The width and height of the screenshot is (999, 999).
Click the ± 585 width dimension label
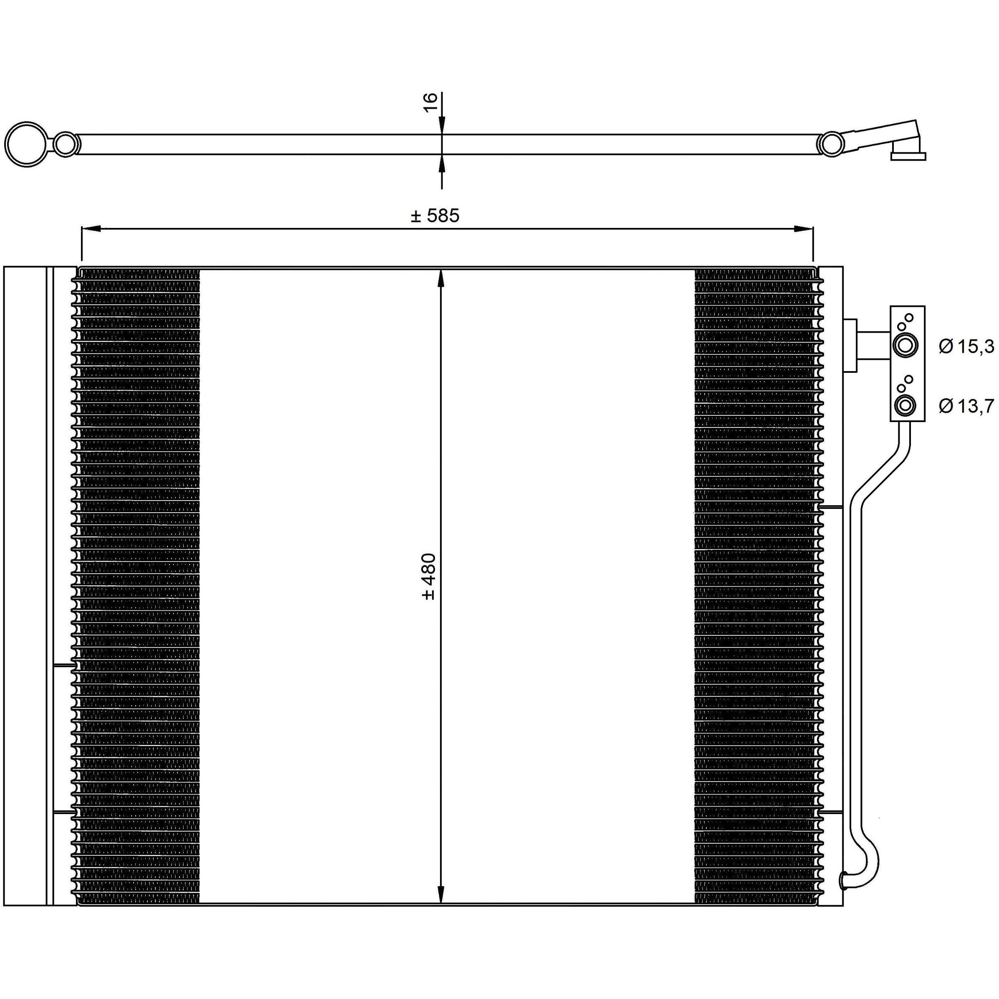click(x=435, y=216)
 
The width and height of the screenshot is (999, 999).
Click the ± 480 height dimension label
click(x=429, y=577)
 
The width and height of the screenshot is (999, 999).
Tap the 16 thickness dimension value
click(x=430, y=102)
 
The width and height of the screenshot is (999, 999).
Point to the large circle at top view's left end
click(x=24, y=144)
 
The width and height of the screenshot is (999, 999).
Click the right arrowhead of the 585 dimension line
click(x=804, y=228)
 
